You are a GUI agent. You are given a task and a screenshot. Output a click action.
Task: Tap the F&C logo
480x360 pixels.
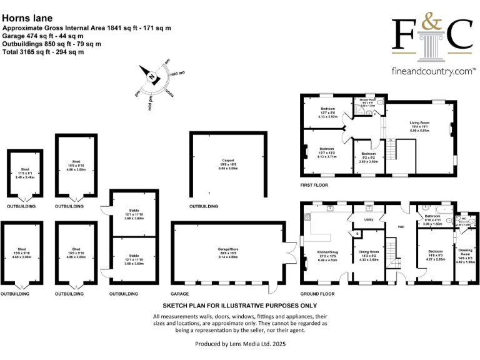click(431, 35)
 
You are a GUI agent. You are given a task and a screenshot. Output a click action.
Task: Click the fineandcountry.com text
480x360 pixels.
click(431, 71)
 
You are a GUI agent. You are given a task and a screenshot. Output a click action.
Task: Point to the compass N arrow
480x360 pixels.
click(151, 77)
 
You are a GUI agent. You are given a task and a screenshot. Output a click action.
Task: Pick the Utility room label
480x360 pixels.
click(369, 219)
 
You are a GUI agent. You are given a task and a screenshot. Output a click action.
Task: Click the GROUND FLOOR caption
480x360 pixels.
click(317, 292)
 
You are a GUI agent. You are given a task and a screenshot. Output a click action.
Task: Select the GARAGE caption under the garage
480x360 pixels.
click(180, 292)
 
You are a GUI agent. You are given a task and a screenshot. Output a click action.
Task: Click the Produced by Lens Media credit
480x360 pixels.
click(240, 344)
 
